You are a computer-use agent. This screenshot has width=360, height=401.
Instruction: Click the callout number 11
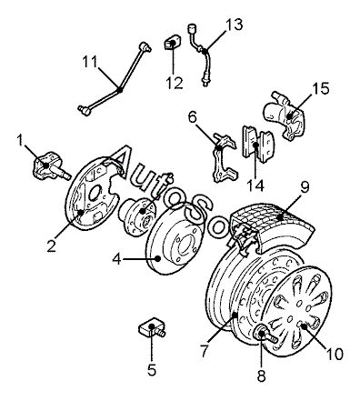point(90,62)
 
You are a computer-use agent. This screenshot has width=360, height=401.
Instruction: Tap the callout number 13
point(234,25)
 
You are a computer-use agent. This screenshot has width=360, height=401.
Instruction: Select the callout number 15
point(320,89)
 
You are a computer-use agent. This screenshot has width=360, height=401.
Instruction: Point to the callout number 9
point(305,187)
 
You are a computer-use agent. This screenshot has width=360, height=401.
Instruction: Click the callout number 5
point(152,369)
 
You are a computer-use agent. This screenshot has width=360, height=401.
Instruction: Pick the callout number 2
point(52,246)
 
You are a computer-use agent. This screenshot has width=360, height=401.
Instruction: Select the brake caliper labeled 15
point(285,116)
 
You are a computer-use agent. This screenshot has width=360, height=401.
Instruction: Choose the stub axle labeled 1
point(50,166)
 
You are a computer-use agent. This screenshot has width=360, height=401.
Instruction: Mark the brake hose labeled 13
point(200,55)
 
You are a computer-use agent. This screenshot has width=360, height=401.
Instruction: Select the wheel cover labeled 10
point(296,311)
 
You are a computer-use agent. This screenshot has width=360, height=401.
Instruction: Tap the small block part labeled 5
point(153,328)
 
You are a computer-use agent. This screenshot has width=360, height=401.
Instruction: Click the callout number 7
point(205,351)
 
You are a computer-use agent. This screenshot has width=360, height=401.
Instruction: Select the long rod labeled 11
point(116,80)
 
